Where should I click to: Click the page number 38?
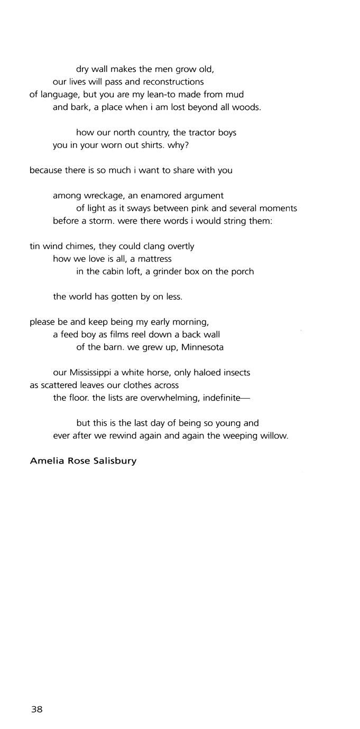(x=36, y=709)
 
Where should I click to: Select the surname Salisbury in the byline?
(x=114, y=461)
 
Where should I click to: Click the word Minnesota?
(x=203, y=347)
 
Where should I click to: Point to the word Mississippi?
(x=93, y=373)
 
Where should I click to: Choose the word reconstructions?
(x=173, y=82)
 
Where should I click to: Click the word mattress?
(x=155, y=259)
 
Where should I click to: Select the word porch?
(x=242, y=272)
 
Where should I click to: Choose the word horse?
(x=159, y=373)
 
